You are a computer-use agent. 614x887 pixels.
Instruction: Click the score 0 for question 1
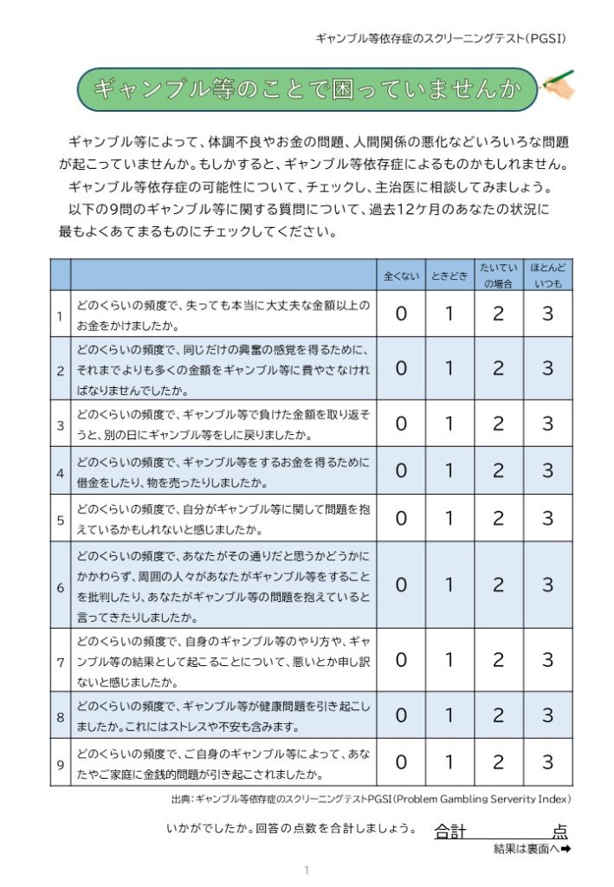401,314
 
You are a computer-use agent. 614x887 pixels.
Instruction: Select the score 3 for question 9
547,762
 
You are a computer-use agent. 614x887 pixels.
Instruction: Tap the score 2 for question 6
498,585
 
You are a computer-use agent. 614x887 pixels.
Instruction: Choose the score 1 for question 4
449,470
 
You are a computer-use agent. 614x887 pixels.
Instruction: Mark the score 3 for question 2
547,368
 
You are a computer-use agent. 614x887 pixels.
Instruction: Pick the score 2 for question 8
498,715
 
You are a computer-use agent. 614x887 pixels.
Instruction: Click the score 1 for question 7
449,660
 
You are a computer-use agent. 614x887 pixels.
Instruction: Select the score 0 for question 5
401,518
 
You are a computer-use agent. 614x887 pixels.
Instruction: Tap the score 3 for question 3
547,424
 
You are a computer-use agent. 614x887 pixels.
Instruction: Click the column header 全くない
401,276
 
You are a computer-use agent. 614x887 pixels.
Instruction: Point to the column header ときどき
449,276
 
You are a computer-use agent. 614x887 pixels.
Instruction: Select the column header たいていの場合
498,275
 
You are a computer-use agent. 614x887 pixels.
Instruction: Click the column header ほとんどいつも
547,275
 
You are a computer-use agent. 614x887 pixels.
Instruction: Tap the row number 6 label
61,586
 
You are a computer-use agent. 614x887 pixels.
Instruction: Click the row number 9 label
61,763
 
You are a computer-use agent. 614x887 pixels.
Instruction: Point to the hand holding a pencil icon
556,85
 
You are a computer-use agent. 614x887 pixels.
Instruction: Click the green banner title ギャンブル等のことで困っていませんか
307,88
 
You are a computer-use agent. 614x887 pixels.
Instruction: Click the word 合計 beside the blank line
450,832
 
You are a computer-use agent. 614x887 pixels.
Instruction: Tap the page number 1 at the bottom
306,869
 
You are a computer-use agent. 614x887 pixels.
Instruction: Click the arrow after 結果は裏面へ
566,850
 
